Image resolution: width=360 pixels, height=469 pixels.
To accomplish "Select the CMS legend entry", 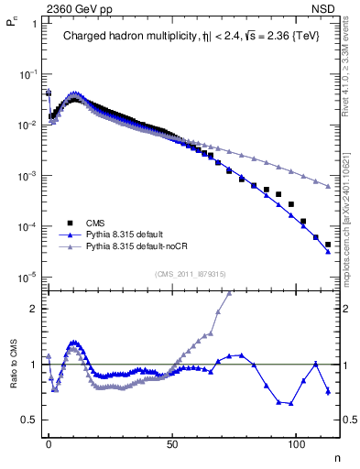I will tap(95, 223).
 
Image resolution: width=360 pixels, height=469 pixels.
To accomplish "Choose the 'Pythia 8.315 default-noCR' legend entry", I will tap(137, 246).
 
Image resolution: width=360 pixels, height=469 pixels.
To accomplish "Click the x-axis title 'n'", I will tap(335, 456).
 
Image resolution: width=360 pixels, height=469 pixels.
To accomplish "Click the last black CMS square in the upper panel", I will tap(327, 245).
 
